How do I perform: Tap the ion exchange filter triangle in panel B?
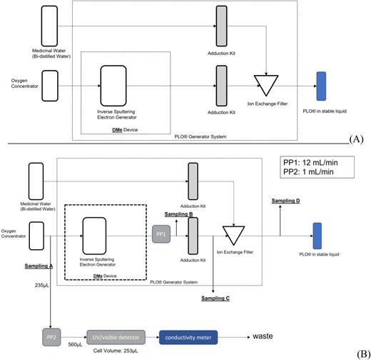click(x=232, y=235)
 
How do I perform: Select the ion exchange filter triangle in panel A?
click(x=265, y=86)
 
